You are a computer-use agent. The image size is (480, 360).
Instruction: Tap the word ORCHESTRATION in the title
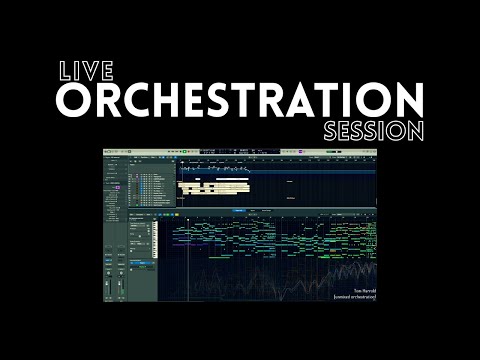pyautogui.click(x=239, y=100)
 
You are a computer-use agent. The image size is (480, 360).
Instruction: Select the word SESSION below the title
pyautogui.click(x=374, y=131)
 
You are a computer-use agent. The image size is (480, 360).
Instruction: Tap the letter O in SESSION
pyautogui.click(x=398, y=131)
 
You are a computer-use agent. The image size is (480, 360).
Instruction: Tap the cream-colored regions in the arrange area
pyautogui.click(x=210, y=186)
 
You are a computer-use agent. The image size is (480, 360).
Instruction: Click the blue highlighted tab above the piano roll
pyautogui.click(x=240, y=211)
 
